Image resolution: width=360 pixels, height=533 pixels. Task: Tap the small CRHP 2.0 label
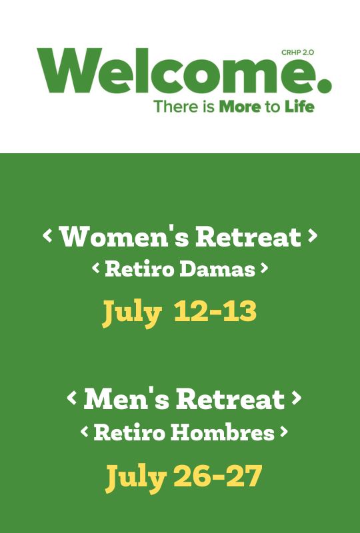click(297, 53)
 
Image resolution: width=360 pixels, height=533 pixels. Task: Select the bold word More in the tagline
click(240, 107)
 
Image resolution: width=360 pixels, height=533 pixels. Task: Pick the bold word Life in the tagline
click(299, 107)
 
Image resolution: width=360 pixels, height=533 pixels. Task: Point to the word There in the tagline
click(176, 107)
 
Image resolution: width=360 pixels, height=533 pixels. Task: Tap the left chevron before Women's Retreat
click(47, 236)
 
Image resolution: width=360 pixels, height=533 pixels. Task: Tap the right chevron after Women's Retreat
click(313, 236)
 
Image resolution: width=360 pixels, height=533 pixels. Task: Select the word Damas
click(217, 269)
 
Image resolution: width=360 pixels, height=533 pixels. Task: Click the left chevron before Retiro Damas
click(96, 268)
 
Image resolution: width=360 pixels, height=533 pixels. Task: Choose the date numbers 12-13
click(215, 311)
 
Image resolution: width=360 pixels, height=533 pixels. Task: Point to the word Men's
click(126, 398)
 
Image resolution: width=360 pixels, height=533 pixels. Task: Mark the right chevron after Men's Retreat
click(297, 398)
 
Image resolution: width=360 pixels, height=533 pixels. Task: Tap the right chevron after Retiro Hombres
click(284, 432)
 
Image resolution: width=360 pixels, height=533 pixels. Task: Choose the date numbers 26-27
click(218, 476)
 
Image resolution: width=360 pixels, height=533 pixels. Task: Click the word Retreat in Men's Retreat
click(230, 398)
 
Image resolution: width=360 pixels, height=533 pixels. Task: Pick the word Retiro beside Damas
click(139, 269)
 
